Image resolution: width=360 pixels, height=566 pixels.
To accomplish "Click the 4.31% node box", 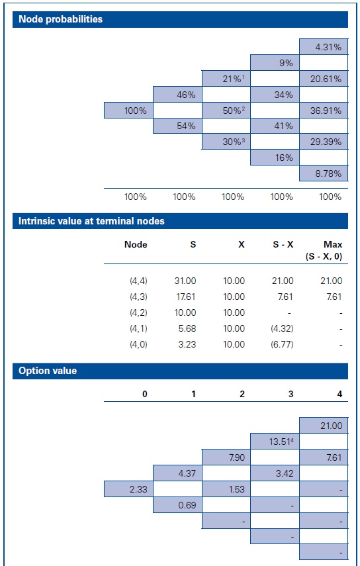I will pyautogui.click(x=323, y=47).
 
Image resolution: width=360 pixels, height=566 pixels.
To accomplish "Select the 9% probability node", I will pyautogui.click(x=275, y=63).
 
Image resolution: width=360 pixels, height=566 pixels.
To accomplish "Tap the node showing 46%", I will pyautogui.click(x=177, y=95).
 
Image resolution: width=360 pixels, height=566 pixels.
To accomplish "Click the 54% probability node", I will pyautogui.click(x=177, y=126).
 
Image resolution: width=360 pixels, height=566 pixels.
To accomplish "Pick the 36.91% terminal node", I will pyautogui.click(x=323, y=111).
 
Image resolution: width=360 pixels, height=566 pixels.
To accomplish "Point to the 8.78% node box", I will pyautogui.click(x=323, y=173).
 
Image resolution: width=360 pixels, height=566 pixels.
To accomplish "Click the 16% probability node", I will pyautogui.click(x=275, y=158).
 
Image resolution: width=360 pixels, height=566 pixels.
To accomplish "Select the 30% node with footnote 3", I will pyautogui.click(x=226, y=142).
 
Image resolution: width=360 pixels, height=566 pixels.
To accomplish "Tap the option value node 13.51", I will pyautogui.click(x=275, y=441).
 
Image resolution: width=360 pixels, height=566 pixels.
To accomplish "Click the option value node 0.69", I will pyautogui.click(x=177, y=504).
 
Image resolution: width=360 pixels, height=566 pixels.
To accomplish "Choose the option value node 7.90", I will pyautogui.click(x=226, y=457).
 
